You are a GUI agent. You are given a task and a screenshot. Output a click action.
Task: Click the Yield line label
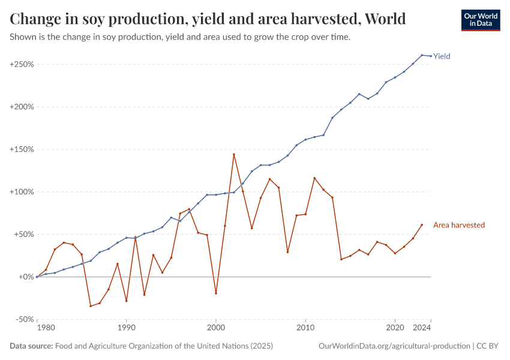click(x=442, y=56)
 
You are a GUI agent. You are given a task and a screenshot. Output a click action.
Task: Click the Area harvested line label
click(x=458, y=225)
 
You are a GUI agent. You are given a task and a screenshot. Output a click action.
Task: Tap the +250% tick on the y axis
click(x=22, y=64)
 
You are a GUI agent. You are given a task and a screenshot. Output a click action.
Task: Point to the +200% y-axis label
click(x=22, y=107)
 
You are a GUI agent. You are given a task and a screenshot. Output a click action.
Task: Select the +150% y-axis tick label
click(x=22, y=149)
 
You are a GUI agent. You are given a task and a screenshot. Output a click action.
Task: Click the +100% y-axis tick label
click(x=22, y=192)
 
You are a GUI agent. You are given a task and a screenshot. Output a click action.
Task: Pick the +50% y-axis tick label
click(x=23, y=235)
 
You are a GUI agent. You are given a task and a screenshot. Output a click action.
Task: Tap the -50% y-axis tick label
click(x=23, y=319)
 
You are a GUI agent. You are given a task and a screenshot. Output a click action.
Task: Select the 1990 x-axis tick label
click(x=126, y=329)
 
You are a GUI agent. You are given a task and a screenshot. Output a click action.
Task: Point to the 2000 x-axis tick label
click(x=215, y=329)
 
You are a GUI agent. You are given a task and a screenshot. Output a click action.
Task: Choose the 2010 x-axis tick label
click(x=305, y=329)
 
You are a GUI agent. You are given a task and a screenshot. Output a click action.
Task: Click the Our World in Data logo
click(x=480, y=20)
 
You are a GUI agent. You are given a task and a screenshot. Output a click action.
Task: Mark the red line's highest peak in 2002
click(x=233, y=154)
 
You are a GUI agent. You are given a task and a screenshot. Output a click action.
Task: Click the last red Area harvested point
click(x=422, y=225)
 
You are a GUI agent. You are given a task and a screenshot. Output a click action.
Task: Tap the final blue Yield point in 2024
click(x=431, y=56)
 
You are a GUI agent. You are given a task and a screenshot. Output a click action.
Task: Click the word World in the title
click(x=385, y=19)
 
